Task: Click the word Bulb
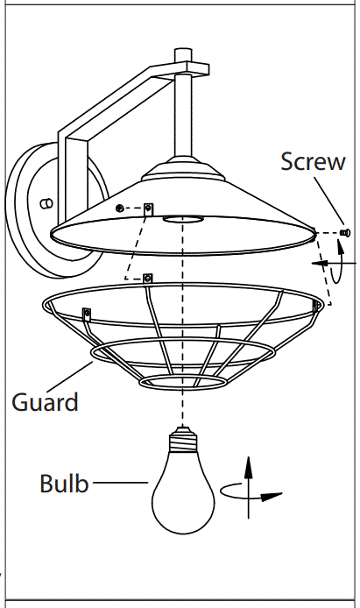pyautogui.click(x=64, y=483)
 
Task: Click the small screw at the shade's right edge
pyautogui.click(x=344, y=232)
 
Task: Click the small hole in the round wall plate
pyautogui.click(x=46, y=202)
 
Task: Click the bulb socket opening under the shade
pyautogui.click(x=182, y=217)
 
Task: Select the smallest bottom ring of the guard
pyautogui.click(x=180, y=381)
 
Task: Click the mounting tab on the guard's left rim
pyautogui.click(x=87, y=313)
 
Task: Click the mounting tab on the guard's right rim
pyautogui.click(x=318, y=304)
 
